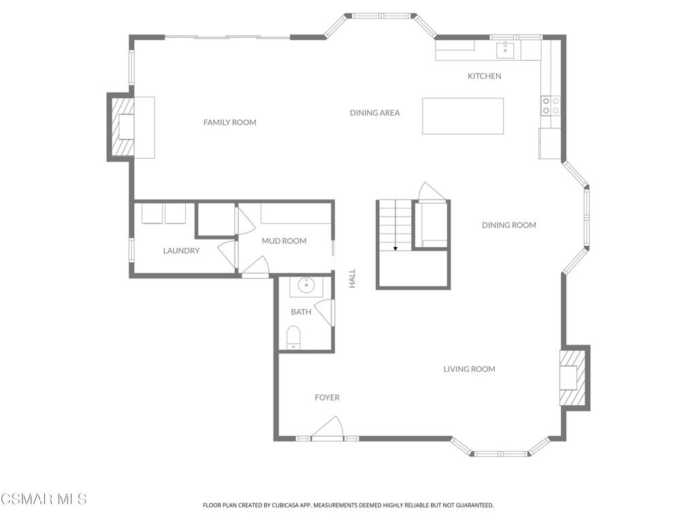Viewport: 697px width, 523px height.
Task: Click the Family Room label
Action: coord(230,123)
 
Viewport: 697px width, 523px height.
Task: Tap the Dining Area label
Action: coord(375,113)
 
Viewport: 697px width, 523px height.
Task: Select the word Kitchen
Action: coord(485,76)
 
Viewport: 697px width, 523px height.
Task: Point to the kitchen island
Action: coord(463,116)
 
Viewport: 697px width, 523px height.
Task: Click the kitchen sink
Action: coord(505,50)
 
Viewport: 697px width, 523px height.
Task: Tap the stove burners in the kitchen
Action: coord(551,106)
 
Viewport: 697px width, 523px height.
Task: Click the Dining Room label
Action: coord(509,225)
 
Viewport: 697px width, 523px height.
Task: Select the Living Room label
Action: coord(470,369)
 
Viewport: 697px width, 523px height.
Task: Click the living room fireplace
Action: coord(574,377)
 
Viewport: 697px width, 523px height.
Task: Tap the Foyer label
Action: coord(327,398)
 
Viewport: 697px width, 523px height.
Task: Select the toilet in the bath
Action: coord(293,337)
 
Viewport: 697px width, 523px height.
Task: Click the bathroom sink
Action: coord(307,286)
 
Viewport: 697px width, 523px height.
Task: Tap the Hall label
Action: coord(352,279)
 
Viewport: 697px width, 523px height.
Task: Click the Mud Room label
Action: coord(284,241)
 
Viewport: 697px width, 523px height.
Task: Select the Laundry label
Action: coord(181,251)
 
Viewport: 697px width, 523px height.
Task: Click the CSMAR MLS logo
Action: coord(44,498)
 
